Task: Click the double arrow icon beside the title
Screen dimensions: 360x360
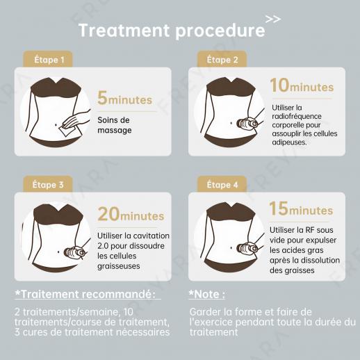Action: pos(273,19)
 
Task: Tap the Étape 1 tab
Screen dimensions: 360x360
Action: pos(48,59)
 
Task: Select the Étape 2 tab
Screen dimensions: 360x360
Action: pos(222,59)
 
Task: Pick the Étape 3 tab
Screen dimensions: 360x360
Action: pos(48,184)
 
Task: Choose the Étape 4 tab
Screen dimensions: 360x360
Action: pos(222,184)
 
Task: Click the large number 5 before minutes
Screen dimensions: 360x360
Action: pos(102,98)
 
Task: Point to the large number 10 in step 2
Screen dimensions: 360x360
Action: pos(280,85)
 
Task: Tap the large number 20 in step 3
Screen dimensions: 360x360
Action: pos(108,214)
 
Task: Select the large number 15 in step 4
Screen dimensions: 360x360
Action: pos(279,208)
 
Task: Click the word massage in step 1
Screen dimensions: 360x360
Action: pos(115,130)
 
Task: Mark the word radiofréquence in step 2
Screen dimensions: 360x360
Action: pos(297,116)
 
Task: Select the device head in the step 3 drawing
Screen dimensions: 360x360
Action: pos(74,252)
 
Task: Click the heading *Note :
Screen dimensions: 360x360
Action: pos(207,294)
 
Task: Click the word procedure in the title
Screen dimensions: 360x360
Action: pos(220,31)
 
